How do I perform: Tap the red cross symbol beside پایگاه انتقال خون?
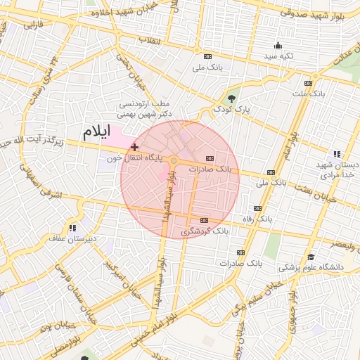pyautogui.click(x=134, y=148)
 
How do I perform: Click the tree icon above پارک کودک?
pyautogui.click(x=232, y=98)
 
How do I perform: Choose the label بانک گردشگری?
pyautogui.click(x=205, y=231)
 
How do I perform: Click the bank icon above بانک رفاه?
pyautogui.click(x=258, y=209)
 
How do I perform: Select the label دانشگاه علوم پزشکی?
pyautogui.click(x=311, y=268)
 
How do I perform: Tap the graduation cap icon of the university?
pyautogui.click(x=311, y=256)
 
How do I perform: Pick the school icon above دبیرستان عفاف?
pyautogui.click(x=72, y=228)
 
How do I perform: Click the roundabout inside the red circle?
pyautogui.click(x=173, y=161)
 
